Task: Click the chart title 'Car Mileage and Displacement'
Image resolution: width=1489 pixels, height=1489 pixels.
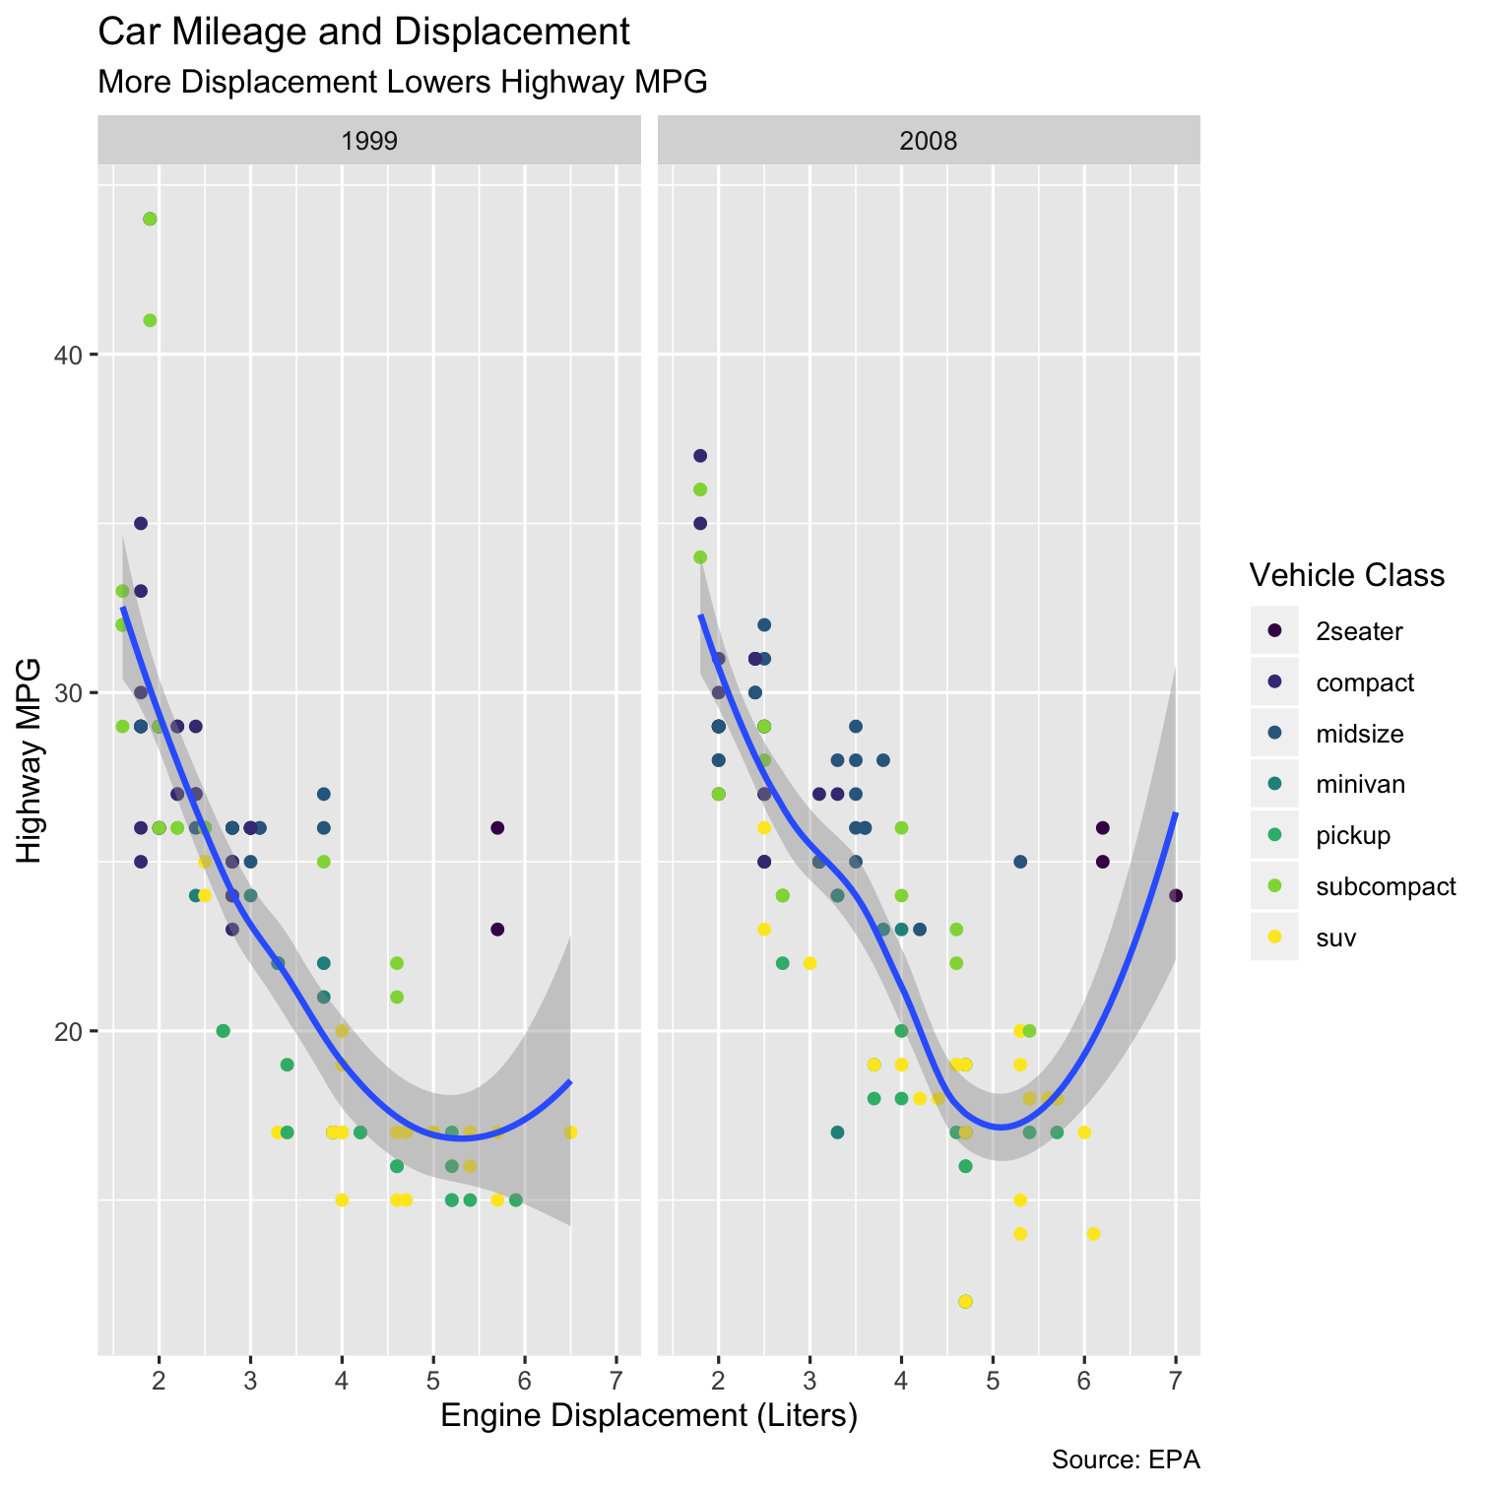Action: (x=363, y=32)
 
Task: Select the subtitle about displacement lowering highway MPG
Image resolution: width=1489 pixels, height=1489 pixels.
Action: (x=403, y=82)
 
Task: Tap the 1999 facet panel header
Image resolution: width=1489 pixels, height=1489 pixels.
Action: (x=369, y=141)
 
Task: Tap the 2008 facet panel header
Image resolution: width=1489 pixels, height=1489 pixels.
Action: (x=929, y=141)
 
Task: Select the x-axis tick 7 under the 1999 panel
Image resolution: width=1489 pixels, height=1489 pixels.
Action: (x=616, y=1375)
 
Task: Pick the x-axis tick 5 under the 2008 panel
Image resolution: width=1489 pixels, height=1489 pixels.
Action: (x=993, y=1375)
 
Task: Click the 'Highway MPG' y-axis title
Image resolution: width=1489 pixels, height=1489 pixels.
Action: (x=31, y=760)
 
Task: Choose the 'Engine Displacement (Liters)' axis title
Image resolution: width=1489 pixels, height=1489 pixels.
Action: (x=649, y=1416)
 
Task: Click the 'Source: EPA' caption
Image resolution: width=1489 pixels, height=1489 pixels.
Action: (x=1125, y=1459)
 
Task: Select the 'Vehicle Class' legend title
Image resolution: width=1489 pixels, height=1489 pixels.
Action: (x=1346, y=574)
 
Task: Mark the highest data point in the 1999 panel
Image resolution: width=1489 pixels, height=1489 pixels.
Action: (x=150, y=219)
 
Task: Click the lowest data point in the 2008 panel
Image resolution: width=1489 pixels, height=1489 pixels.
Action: (x=965, y=1301)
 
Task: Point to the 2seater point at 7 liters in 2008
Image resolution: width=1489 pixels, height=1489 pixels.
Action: (x=1176, y=895)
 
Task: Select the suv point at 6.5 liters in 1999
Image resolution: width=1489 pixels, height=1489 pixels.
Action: (x=570, y=1133)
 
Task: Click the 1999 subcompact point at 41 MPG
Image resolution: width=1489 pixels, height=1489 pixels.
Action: (x=150, y=320)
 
